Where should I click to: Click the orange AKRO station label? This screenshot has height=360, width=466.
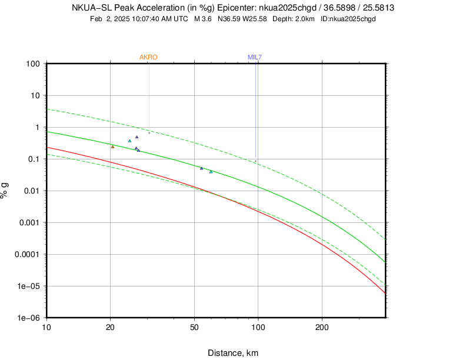coord(148,57)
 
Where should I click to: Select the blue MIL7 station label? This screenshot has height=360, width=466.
coord(255,57)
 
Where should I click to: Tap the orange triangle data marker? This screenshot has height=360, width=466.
coord(112,146)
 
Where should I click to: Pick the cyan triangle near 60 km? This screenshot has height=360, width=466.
coord(211,172)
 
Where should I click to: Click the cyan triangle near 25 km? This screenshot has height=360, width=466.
coord(129,141)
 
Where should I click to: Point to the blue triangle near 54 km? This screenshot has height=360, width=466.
coord(201,168)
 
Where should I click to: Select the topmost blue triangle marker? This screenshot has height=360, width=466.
coord(137,136)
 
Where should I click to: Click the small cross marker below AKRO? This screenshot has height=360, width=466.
coord(149,133)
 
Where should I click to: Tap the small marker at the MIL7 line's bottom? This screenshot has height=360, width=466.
coord(255,161)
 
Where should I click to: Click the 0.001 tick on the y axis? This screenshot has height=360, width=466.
coord(29,222)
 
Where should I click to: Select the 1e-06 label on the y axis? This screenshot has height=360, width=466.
coord(28,318)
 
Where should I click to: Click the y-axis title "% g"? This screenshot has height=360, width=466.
coord(6,191)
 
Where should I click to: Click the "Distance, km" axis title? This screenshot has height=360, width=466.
coord(232,353)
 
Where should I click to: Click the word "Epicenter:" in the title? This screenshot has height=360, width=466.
coord(237,8)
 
